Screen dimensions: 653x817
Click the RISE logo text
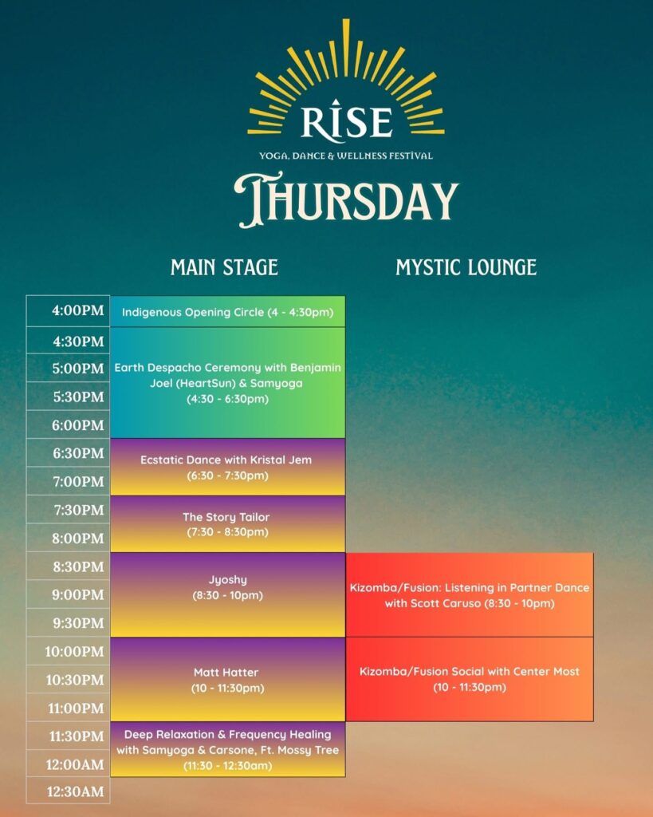tap(346, 121)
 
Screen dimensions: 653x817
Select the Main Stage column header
tap(224, 267)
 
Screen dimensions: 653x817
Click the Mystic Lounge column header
tap(466, 267)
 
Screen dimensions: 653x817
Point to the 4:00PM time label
tap(78, 310)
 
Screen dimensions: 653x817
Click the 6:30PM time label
tap(78, 453)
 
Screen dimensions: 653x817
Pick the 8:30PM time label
tap(78, 566)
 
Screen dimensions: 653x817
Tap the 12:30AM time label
tap(76, 791)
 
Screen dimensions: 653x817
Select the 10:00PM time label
tap(74, 651)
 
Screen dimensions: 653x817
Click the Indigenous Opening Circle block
tap(227, 312)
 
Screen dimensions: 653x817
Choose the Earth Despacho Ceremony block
tap(227, 383)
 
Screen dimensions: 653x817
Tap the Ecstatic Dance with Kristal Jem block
tap(227, 467)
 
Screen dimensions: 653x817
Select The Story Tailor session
tap(227, 523)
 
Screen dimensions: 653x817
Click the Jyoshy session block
tap(227, 594)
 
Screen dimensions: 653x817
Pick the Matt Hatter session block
tap(227, 680)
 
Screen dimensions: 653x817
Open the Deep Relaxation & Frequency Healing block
tap(227, 749)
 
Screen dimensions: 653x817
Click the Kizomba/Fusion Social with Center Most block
tap(469, 679)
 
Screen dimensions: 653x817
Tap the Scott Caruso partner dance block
tap(469, 595)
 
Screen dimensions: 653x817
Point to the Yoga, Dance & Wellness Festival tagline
tap(346, 156)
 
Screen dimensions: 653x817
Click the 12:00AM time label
tap(75, 764)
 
